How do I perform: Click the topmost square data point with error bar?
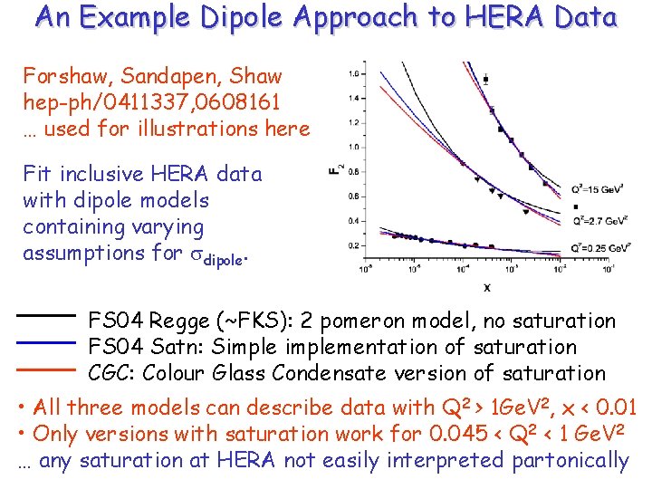click(x=485, y=80)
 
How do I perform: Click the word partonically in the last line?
click(x=570, y=461)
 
